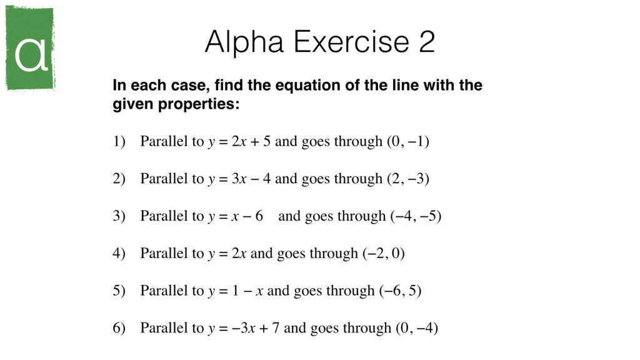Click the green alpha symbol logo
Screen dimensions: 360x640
[x=30, y=49]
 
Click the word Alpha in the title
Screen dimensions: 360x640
[x=246, y=42]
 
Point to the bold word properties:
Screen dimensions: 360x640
[x=198, y=104]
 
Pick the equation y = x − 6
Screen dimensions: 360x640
[x=236, y=216]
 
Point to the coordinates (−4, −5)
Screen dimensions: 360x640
[x=416, y=216]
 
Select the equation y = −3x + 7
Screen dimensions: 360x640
[x=244, y=328]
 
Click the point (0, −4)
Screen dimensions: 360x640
[x=416, y=328]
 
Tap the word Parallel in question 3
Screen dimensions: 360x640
[x=164, y=216]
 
